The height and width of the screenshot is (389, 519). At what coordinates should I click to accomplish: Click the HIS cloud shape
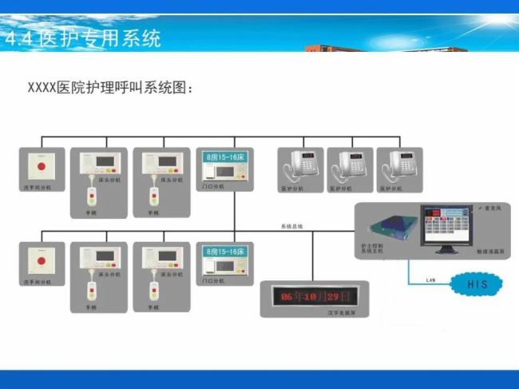[x=477, y=284]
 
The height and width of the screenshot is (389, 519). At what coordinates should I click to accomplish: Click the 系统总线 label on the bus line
[x=292, y=227]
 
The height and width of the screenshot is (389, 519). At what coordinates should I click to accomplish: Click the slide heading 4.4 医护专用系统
[x=83, y=38]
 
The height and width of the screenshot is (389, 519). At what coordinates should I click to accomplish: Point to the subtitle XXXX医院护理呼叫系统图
[x=111, y=87]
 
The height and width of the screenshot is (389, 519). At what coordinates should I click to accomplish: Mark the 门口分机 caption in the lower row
[x=213, y=281]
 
